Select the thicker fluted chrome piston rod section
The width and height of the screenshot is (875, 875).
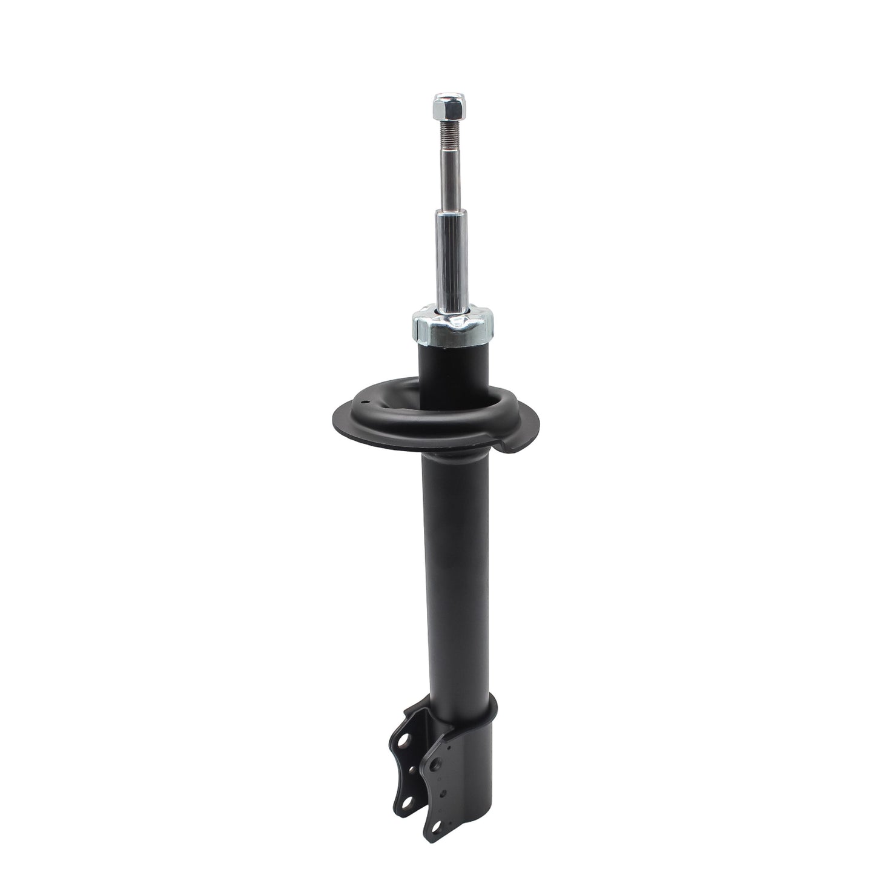(448, 260)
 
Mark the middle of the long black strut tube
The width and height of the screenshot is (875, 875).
(455, 575)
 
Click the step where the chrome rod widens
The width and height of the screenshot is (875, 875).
(446, 212)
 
